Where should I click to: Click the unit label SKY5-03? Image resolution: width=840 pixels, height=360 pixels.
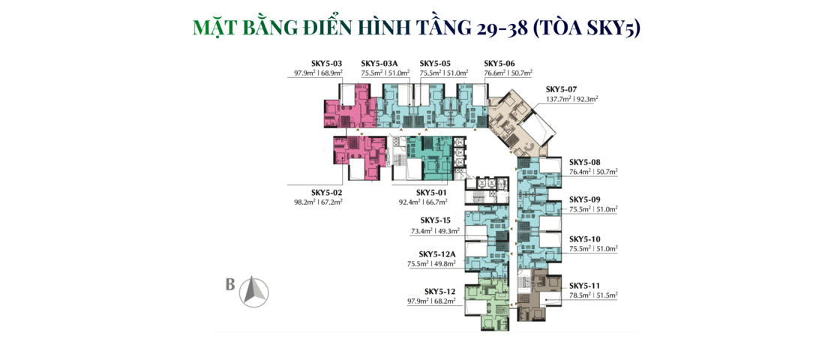coord(326,63)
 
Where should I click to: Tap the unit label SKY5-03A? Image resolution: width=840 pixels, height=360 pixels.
coord(382,63)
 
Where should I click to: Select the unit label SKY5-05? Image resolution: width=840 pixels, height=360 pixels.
coord(436,63)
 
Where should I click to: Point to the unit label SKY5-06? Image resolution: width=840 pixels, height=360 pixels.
coord(499,63)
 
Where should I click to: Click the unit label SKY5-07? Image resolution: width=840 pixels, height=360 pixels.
coord(562,89)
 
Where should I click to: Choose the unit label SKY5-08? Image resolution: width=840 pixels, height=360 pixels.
coord(585,162)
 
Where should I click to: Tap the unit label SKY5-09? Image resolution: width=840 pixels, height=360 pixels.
coord(585,199)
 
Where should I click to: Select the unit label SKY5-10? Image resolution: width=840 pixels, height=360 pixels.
coord(585,239)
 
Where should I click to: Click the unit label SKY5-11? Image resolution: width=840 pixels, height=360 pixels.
coord(585,285)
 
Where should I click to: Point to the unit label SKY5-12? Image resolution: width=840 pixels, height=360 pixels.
coord(440,292)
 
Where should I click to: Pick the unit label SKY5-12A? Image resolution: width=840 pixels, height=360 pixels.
coord(437,254)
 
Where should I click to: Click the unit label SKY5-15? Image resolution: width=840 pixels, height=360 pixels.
coord(436,220)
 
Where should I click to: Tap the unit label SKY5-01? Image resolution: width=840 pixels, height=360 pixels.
coord(432,192)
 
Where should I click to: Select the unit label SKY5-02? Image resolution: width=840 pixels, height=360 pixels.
coord(327,192)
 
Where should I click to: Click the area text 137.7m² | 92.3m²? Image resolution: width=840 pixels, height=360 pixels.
coord(572,99)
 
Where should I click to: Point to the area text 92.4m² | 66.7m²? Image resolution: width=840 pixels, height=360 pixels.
coord(423,202)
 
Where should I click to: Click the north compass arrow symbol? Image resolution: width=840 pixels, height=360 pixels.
coord(254,292)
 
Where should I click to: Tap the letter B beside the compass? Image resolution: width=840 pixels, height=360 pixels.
coord(230,284)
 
